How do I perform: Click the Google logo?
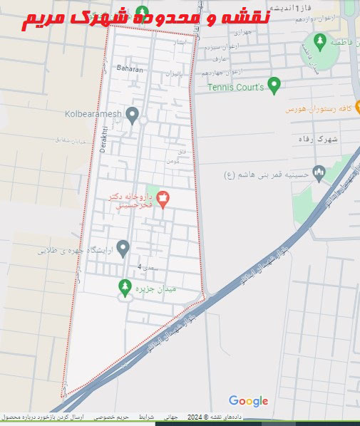[248, 401]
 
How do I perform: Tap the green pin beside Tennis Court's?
[275, 85]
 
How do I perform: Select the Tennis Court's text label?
[236, 88]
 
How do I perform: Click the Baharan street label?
[129, 70]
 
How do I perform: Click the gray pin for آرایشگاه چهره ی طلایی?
[123, 249]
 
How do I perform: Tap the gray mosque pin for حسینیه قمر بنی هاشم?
[319, 172]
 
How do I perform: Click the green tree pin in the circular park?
[317, 40]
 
